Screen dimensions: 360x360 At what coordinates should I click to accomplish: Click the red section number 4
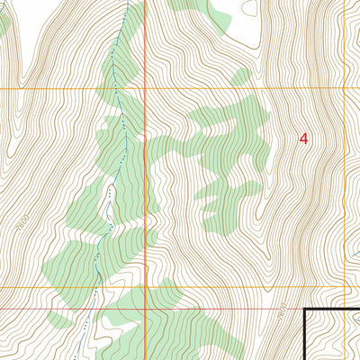pyautogui.click(x=303, y=139)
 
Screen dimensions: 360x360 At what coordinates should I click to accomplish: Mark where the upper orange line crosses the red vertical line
pyautogui.click(x=146, y=89)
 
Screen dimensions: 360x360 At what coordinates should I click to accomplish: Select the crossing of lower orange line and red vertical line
pyautogui.click(x=146, y=288)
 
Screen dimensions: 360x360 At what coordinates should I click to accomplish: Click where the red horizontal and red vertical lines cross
pyautogui.click(x=146, y=306)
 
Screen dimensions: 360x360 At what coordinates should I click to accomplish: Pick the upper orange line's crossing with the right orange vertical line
pyautogui.click(x=346, y=89)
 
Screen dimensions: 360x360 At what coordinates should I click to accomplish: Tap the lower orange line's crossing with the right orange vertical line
pyautogui.click(x=346, y=288)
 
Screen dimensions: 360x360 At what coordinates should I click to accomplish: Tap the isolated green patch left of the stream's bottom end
pyautogui.click(x=58, y=319)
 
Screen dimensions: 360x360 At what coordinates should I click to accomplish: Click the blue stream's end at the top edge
pyautogui.click(x=127, y=2)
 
